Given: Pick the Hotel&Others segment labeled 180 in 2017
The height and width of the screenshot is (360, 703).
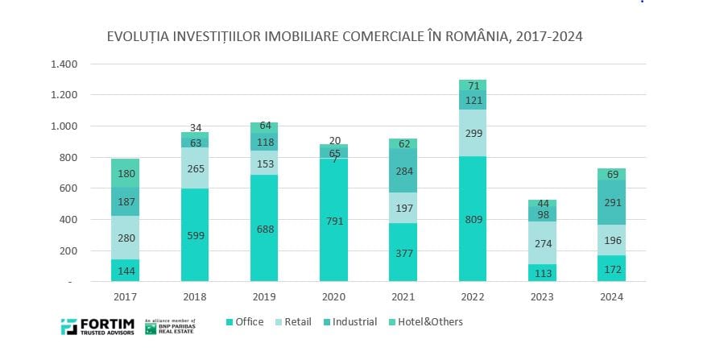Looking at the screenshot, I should tap(125, 173).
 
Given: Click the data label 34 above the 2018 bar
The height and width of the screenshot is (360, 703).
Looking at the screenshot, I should tap(195, 127).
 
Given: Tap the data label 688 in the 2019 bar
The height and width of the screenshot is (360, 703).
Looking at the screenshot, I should tap(263, 229).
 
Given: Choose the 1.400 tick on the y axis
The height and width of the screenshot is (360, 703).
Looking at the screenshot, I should tap(63, 64).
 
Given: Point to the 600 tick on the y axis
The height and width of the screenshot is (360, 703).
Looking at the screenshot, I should tap(68, 188).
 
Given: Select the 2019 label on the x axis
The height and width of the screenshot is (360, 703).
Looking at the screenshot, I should tap(263, 296).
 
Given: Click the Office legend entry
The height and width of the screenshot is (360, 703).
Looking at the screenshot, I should tap(244, 322).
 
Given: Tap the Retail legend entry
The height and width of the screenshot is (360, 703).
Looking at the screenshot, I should tap(295, 322).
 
